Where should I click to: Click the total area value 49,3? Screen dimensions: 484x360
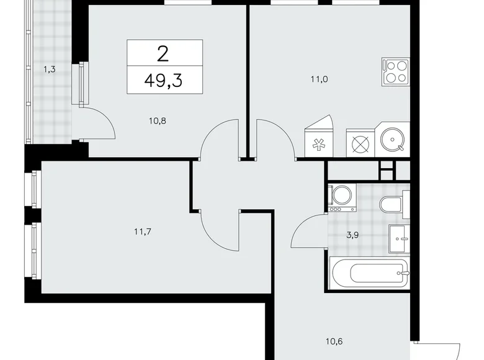coord(163,81)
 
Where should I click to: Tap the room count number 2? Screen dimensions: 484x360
coord(163,55)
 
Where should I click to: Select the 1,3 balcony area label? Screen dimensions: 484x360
coord(50,70)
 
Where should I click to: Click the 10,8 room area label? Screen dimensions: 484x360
coord(158,120)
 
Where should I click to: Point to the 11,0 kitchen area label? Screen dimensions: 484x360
coord(319,79)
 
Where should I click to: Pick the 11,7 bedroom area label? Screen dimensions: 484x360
coord(143,232)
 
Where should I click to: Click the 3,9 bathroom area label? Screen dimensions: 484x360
coord(352,235)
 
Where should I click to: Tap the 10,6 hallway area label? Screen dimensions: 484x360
coord(334,341)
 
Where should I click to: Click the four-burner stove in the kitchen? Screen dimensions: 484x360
coord(395,71)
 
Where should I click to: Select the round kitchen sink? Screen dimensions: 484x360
coord(392,140)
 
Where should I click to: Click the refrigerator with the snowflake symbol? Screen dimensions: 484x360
coord(319,136)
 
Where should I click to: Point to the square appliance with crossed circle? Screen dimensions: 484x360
coord(361,143)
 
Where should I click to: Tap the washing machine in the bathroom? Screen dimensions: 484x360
coord(342,197)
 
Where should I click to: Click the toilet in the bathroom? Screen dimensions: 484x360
coord(394,204)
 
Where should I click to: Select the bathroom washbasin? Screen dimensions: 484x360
coord(399,239)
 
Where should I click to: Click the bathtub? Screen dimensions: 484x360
coord(370,273)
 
